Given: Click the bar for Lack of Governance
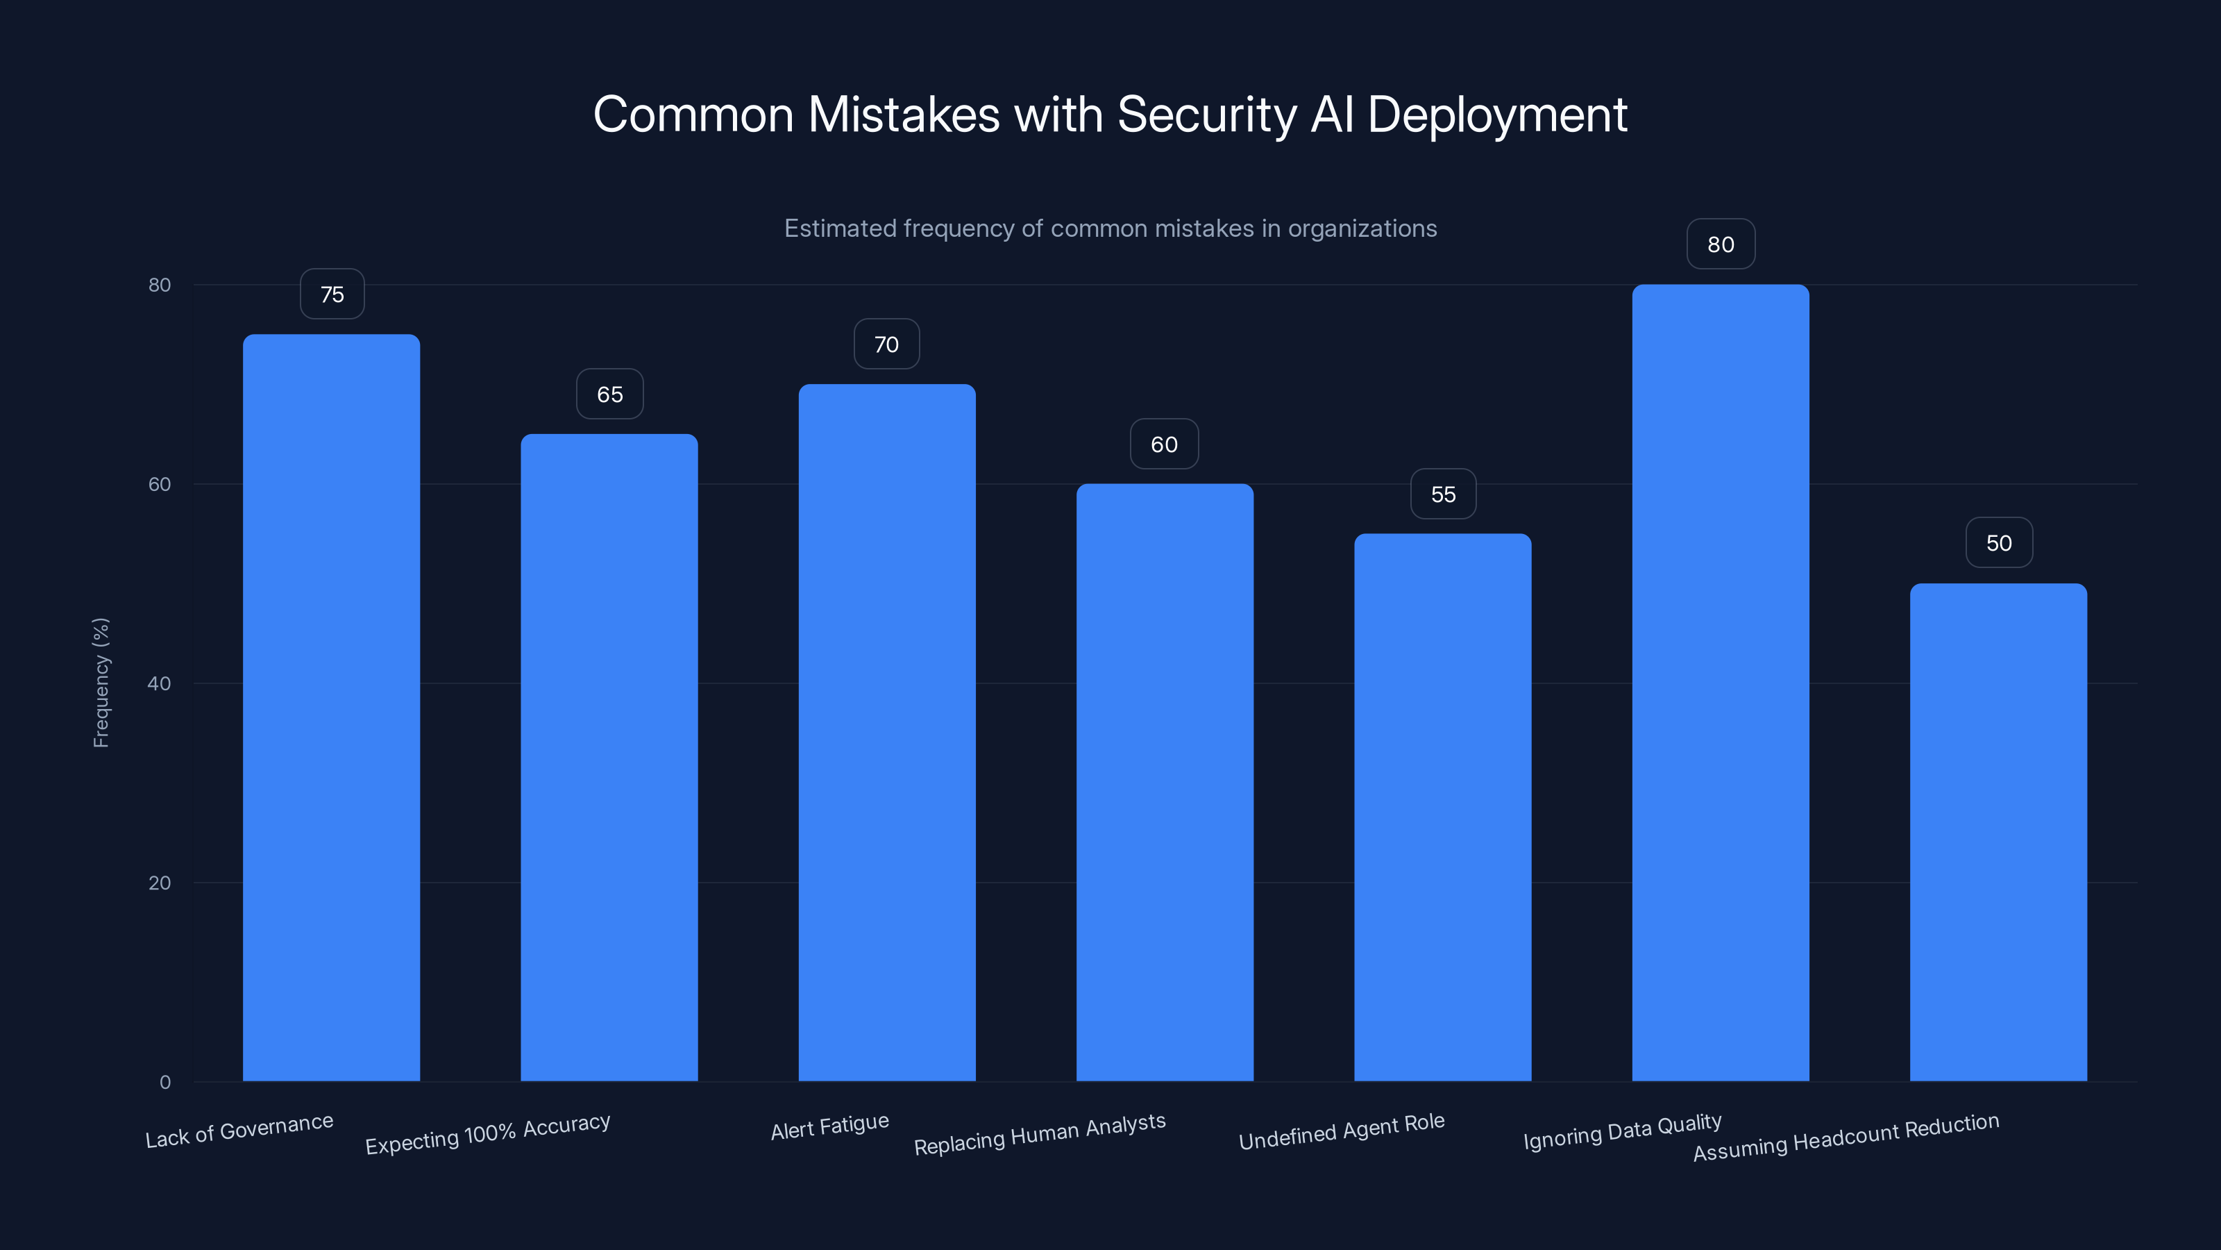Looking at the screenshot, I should [x=331, y=708].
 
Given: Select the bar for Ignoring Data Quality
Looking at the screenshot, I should [x=1720, y=681].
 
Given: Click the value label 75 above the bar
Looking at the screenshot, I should [x=332, y=294].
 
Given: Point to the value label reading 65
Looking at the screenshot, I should [x=609, y=394].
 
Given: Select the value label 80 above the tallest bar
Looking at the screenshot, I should [x=1720, y=244].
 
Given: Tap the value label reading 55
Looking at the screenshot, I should [x=1442, y=494].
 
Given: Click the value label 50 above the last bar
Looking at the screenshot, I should [x=1999, y=542].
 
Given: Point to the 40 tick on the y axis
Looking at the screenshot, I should [x=160, y=683].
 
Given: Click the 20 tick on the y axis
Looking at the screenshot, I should [x=160, y=883].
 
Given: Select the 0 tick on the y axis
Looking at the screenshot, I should [x=164, y=1082].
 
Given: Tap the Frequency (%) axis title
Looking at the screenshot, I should [x=101, y=683].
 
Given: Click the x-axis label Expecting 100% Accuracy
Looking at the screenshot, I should [x=487, y=1133].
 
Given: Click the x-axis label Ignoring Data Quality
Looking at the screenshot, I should [x=1622, y=1132].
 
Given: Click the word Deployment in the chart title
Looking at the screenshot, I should [x=1497, y=115].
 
